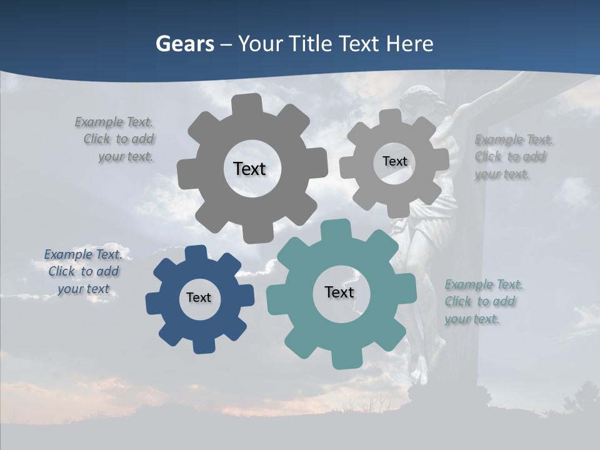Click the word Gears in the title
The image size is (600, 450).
184,44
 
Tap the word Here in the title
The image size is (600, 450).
409,44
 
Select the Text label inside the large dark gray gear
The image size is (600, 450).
249,169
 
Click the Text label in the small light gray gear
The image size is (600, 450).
394,161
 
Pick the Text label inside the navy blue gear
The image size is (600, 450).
199,298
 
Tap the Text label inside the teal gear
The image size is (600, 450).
339,292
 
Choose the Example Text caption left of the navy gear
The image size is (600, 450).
83,272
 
